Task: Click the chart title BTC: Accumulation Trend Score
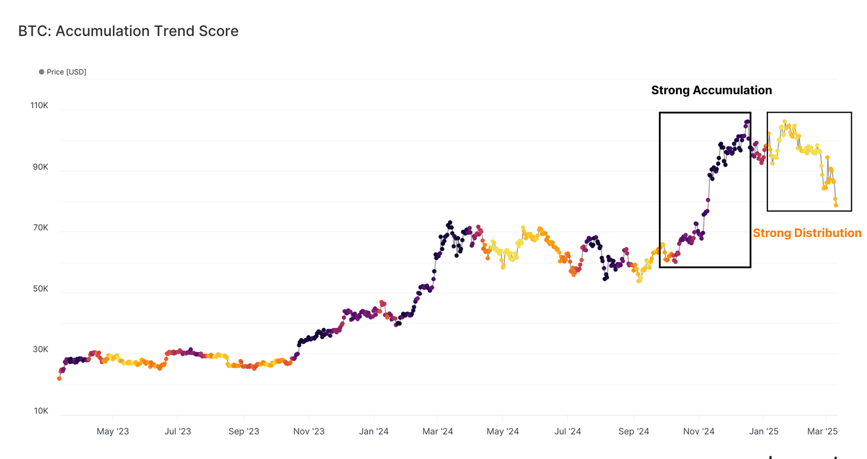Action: [128, 31]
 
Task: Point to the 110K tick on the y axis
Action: [39, 106]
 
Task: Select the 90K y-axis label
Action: [40, 167]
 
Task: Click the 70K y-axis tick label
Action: [40, 228]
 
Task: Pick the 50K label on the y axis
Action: [40, 289]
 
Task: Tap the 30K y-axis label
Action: [40, 350]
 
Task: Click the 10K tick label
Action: [41, 411]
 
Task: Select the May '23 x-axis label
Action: [113, 431]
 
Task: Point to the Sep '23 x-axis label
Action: [244, 431]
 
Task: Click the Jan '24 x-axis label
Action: [374, 431]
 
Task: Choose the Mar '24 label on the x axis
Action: [438, 431]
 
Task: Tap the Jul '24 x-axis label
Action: [568, 431]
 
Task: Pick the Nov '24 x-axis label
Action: [698, 431]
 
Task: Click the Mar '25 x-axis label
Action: [822, 431]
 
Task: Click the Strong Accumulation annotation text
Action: [711, 90]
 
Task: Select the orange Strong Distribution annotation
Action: [807, 233]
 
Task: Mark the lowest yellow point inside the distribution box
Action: [836, 205]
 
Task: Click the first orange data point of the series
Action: [59, 378]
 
